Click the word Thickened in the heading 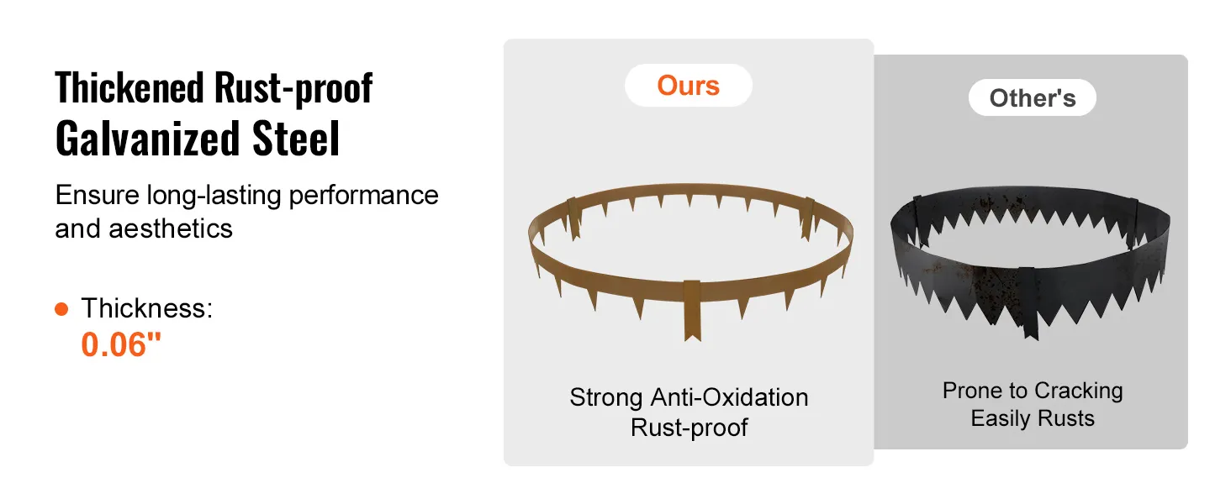tap(129, 88)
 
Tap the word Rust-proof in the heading tap(293, 89)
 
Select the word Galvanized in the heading tap(147, 139)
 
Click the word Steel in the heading tap(296, 139)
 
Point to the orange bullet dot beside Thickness tap(61, 309)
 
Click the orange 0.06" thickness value tap(121, 344)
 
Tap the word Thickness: tap(147, 307)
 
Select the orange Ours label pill tap(689, 86)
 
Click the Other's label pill tap(1033, 97)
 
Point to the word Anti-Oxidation tap(729, 397)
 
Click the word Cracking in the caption tap(1078, 391)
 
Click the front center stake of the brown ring tap(693, 310)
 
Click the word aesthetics tap(171, 228)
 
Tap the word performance tap(363, 196)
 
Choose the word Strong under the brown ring tap(605, 398)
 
